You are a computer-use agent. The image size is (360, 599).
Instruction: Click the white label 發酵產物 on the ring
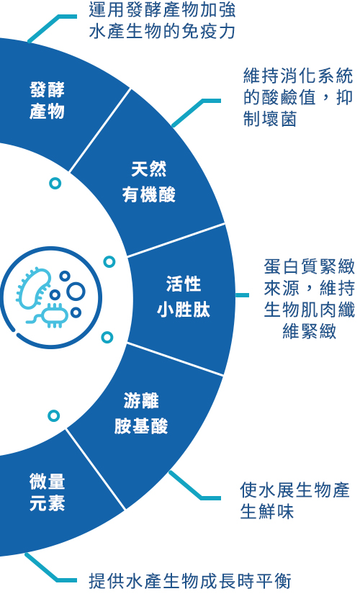pos(47,101)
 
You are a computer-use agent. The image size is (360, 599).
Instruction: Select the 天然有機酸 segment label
pos(148,182)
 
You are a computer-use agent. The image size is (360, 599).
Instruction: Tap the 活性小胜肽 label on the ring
pos(184,297)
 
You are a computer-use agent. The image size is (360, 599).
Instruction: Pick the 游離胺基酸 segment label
pos(141,413)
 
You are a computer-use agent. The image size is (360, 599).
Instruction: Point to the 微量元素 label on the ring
pos(47,492)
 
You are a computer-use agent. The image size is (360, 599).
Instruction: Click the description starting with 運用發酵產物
pos(162,21)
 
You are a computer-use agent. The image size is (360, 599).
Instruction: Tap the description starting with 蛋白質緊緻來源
pos(309,299)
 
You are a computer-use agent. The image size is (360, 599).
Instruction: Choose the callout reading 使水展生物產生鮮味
pos(294,500)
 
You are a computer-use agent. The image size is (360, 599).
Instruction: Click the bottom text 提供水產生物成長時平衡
pos(190,581)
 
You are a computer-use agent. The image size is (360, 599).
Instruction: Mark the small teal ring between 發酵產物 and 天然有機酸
pos(55,184)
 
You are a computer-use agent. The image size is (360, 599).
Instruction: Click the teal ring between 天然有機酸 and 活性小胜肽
pos(109,261)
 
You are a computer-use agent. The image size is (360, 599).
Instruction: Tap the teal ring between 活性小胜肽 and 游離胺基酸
pos(107,338)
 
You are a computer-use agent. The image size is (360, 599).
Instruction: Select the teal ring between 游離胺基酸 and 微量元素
pos(53,415)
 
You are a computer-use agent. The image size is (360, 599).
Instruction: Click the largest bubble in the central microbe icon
pos(76,292)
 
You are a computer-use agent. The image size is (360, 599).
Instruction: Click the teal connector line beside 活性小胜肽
pos(242,295)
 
